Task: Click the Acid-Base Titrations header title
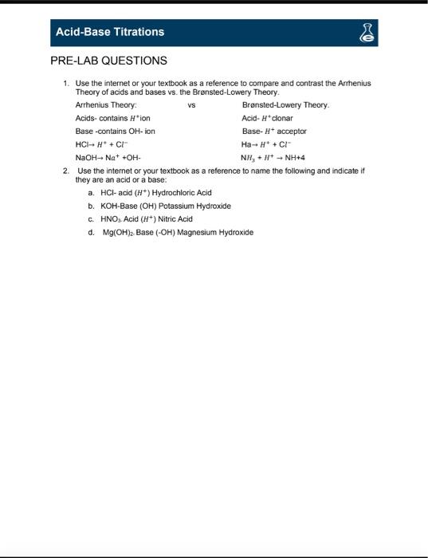[109, 32]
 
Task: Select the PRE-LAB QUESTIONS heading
[108, 61]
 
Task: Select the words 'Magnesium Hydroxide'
[215, 232]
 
